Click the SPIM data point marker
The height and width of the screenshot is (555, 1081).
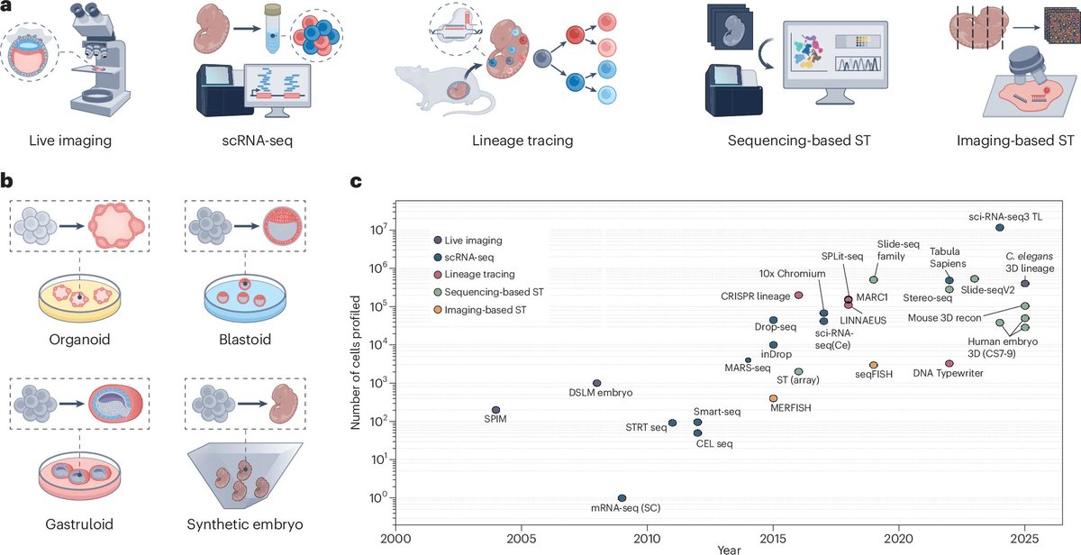[x=495, y=410]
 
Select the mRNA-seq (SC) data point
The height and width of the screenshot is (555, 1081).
[x=622, y=498]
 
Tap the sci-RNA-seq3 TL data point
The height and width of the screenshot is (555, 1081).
[x=1000, y=228]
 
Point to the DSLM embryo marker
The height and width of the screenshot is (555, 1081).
[x=596, y=383]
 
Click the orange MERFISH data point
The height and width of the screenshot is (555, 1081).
[x=773, y=398]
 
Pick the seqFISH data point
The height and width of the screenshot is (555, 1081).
[x=874, y=365]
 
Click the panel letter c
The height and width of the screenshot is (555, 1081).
[x=357, y=182]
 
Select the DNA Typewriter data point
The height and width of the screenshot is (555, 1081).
[x=949, y=364]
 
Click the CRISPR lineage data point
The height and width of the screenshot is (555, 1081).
[x=798, y=296]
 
